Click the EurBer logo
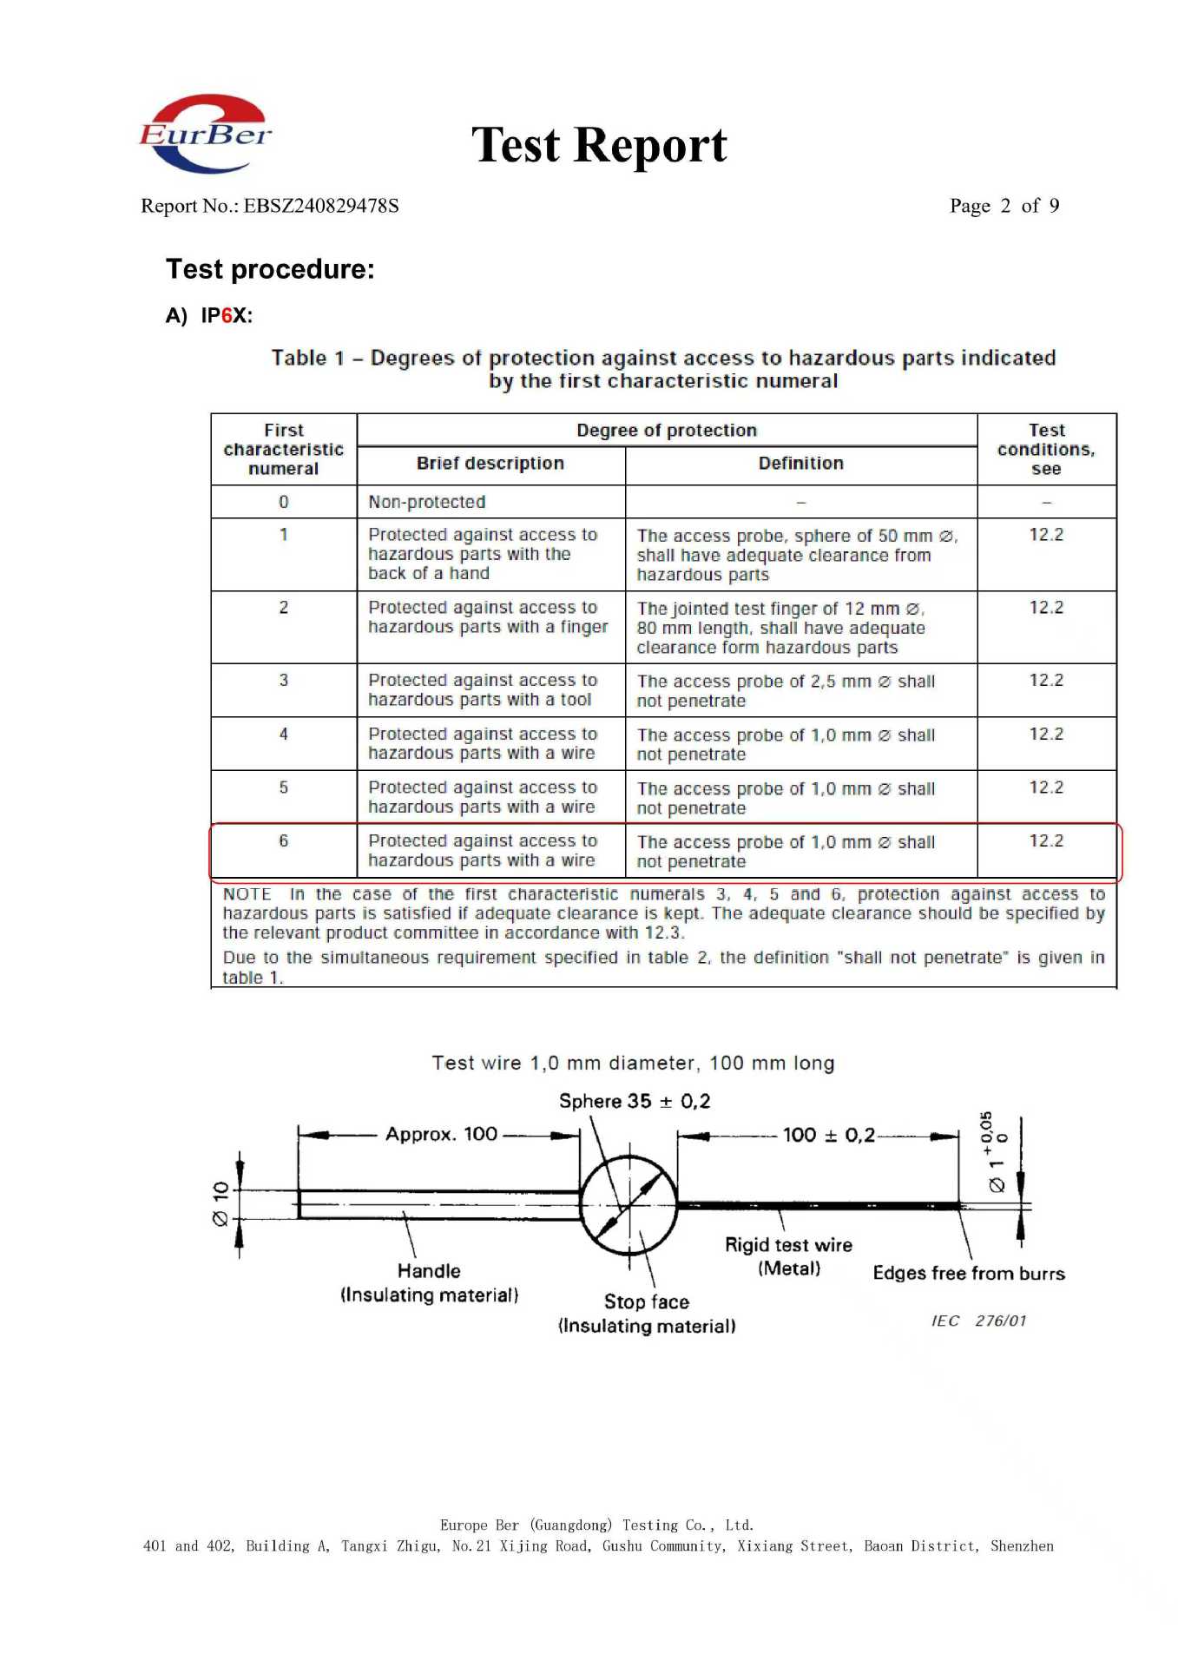206,134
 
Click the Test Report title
599,145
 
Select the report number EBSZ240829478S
320,206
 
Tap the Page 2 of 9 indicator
1004,206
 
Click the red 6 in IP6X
227,315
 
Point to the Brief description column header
490,463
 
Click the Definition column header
800,463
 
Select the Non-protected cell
427,502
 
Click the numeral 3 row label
283,680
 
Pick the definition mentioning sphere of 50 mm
796,555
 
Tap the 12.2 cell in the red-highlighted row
1046,840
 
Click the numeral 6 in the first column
283,840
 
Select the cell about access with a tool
483,689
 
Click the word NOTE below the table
247,894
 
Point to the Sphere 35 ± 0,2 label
635,1101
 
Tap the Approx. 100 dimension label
441,1134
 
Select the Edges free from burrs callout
969,1273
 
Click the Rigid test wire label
788,1245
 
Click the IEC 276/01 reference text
978,1321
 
